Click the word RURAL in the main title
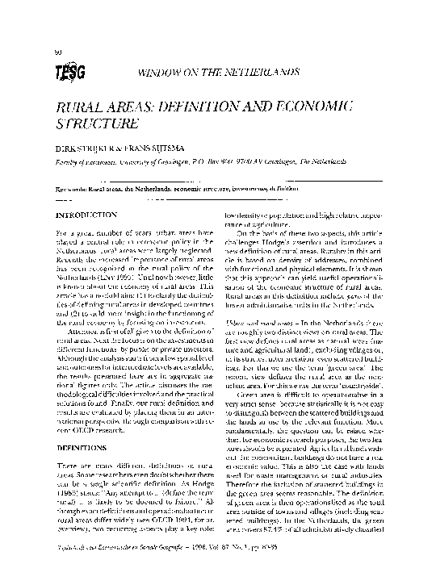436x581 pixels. click(x=77, y=111)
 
